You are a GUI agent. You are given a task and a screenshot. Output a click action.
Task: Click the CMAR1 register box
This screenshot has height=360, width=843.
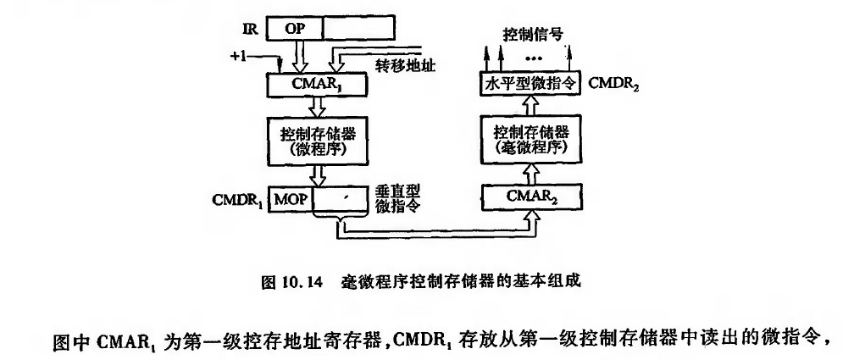(313, 85)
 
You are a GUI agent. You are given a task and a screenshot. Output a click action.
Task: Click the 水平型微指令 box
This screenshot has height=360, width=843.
(530, 85)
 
